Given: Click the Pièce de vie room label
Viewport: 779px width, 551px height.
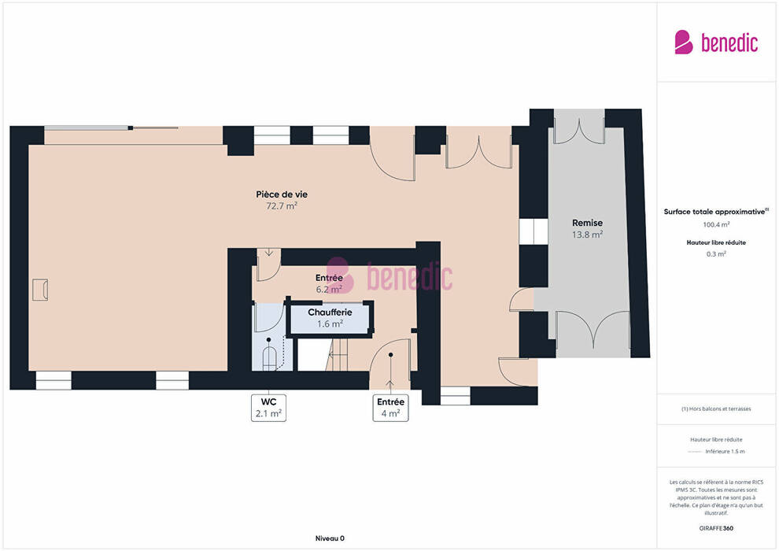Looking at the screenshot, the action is (282, 194).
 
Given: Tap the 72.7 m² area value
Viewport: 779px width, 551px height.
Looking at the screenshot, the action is (282, 205).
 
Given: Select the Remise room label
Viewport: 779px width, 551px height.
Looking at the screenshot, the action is (587, 223).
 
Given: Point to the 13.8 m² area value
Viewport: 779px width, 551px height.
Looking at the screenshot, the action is (587, 235).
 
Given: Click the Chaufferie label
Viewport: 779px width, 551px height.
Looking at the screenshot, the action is (330, 312).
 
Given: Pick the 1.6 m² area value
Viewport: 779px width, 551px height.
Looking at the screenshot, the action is (330, 324).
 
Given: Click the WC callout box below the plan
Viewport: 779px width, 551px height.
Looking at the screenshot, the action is (269, 408).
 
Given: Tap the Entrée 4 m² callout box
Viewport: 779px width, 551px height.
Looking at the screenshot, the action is (390, 408).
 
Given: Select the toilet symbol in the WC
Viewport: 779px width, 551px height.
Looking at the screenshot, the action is (269, 357).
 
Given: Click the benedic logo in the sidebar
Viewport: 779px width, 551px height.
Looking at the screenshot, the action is (716, 43).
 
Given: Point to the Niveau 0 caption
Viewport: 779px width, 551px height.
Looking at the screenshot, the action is (330, 538).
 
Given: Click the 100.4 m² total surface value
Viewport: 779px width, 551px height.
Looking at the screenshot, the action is (716, 224).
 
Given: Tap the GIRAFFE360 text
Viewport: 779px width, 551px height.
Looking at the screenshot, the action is (716, 528).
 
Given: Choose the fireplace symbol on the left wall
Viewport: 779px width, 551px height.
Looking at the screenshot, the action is (40, 290).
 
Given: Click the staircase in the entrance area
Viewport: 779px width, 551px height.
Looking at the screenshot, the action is (338, 354).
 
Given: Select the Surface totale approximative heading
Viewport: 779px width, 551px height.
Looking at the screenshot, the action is (716, 212).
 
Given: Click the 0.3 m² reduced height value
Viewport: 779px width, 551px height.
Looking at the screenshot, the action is (716, 254).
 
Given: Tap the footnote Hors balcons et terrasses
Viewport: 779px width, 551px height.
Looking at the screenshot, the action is (716, 409).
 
